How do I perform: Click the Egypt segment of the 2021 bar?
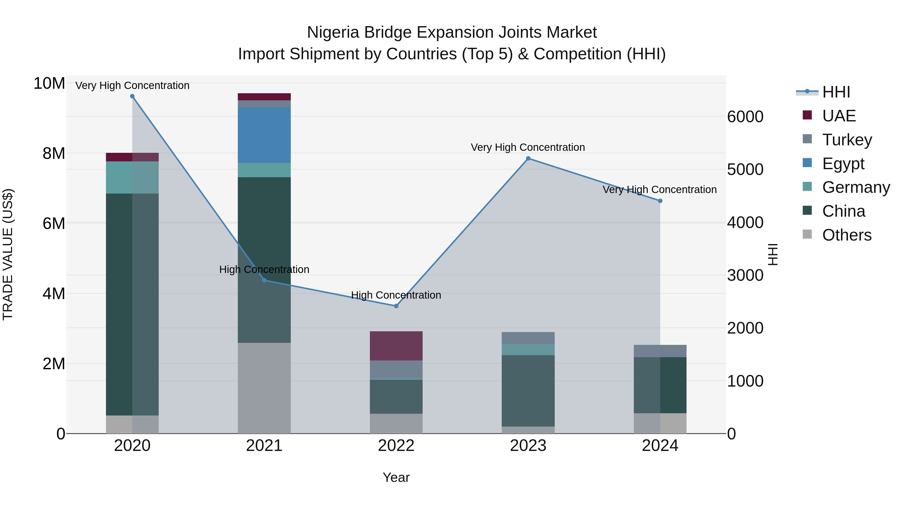(264, 135)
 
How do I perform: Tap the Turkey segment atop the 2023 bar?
(528, 338)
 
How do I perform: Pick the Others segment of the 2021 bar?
(264, 388)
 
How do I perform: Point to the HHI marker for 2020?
(132, 96)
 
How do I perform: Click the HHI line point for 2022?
(396, 306)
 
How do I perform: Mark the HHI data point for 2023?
(528, 158)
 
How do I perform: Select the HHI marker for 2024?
(660, 201)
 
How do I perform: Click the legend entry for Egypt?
(843, 164)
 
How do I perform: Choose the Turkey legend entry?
(846, 140)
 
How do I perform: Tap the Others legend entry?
(846, 235)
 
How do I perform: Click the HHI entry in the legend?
(836, 92)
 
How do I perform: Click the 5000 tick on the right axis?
(745, 170)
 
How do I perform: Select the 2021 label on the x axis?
(264, 446)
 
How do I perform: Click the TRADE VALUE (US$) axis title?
(8, 254)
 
